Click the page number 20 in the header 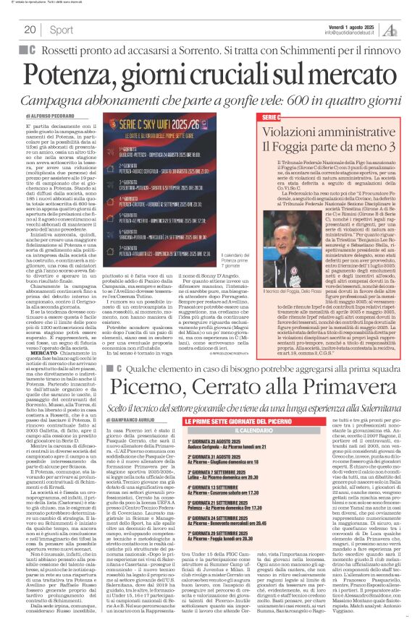(30, 30)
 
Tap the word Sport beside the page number (62, 30)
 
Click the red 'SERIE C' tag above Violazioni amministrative (291, 116)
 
